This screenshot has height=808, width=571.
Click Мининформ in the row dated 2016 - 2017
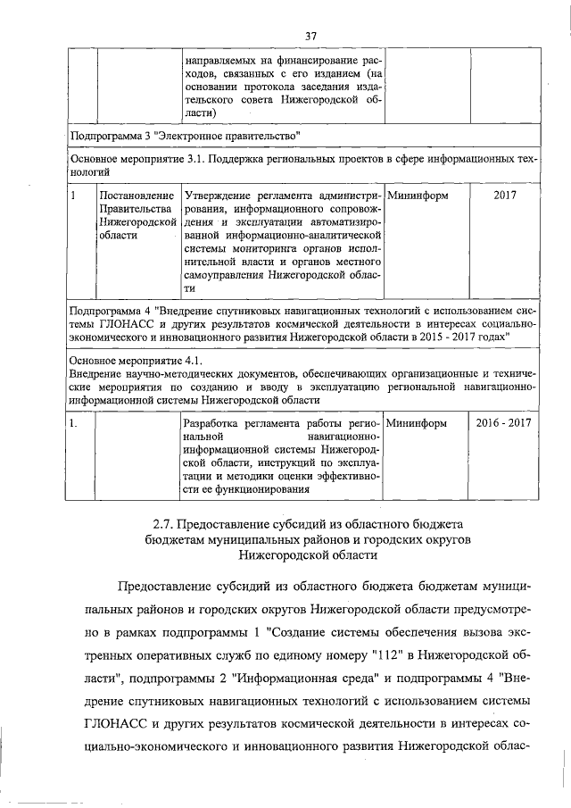pyautogui.click(x=418, y=421)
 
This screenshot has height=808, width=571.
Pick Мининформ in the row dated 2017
pyautogui.click(x=418, y=194)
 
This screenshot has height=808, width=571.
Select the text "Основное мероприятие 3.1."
pyautogui.click(x=138, y=159)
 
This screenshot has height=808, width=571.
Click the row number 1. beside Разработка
pyautogui.click(x=75, y=421)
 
